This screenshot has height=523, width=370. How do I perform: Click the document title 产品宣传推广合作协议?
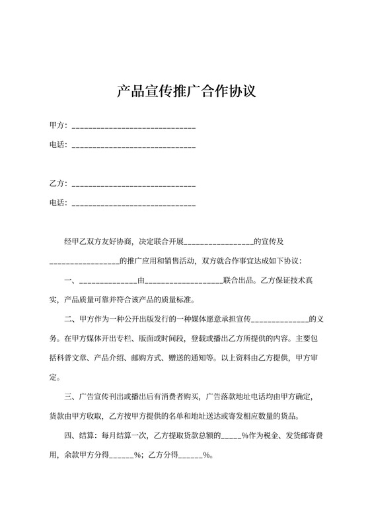(186, 90)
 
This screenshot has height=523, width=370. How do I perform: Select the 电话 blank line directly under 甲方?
(133, 145)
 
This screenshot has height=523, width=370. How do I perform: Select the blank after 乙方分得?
(190, 456)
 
